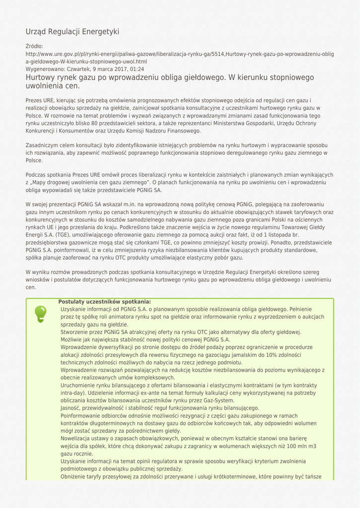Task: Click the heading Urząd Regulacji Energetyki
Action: [72, 32]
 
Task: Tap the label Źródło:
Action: [35, 46]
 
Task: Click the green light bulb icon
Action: [40, 314]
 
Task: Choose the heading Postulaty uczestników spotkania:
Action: [105, 302]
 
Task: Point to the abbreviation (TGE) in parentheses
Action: [63, 234]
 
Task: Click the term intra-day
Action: [73, 393]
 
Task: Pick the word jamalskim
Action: [219, 355]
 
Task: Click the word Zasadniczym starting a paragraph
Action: [43, 145]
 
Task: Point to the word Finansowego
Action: [184, 131]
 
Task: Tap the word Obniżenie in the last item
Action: [74, 476]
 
